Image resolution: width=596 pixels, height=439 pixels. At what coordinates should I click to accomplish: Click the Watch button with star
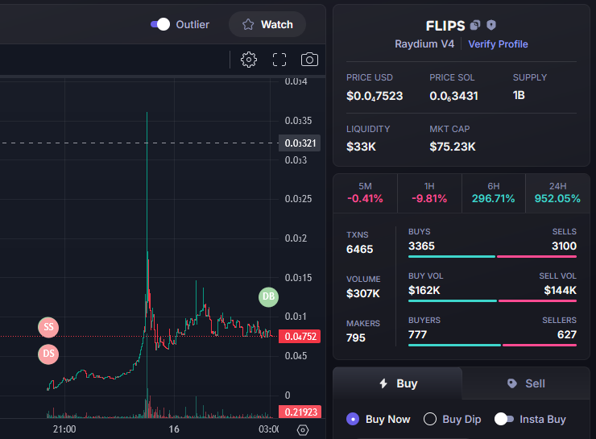[x=267, y=24]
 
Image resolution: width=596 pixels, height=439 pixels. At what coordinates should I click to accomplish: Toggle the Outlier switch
[x=160, y=24]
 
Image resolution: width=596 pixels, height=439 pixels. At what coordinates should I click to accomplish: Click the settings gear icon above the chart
[x=249, y=60]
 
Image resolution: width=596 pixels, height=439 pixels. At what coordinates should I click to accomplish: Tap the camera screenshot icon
[x=309, y=60]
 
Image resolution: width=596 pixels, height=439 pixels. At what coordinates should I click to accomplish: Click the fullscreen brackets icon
[x=279, y=60]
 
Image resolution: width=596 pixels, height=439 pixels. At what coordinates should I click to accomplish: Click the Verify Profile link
[x=498, y=43]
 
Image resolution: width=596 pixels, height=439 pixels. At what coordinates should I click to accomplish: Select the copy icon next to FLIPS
[x=475, y=26]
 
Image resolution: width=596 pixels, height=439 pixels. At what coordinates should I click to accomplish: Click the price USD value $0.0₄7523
[x=375, y=96]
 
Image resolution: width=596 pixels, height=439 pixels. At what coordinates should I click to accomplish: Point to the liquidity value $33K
[x=361, y=147]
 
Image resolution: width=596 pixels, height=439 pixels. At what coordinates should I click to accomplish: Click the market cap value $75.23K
[x=453, y=147]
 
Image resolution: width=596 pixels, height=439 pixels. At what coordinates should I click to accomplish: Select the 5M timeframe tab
[x=365, y=192]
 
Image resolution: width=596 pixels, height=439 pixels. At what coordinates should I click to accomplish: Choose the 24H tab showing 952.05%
[x=557, y=192]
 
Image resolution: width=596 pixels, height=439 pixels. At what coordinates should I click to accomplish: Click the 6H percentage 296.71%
[x=493, y=199]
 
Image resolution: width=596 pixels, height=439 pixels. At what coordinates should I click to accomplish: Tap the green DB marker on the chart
[x=269, y=296]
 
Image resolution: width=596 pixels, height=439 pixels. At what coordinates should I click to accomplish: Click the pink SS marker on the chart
[x=48, y=327]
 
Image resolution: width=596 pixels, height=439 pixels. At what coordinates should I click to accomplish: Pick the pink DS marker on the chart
[x=48, y=354]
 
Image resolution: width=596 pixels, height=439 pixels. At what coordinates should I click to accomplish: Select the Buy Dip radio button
[x=430, y=419]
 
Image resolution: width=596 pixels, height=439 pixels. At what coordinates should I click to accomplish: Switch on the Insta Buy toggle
[x=504, y=419]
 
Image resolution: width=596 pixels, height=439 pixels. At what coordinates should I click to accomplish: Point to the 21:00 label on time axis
[x=64, y=429]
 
